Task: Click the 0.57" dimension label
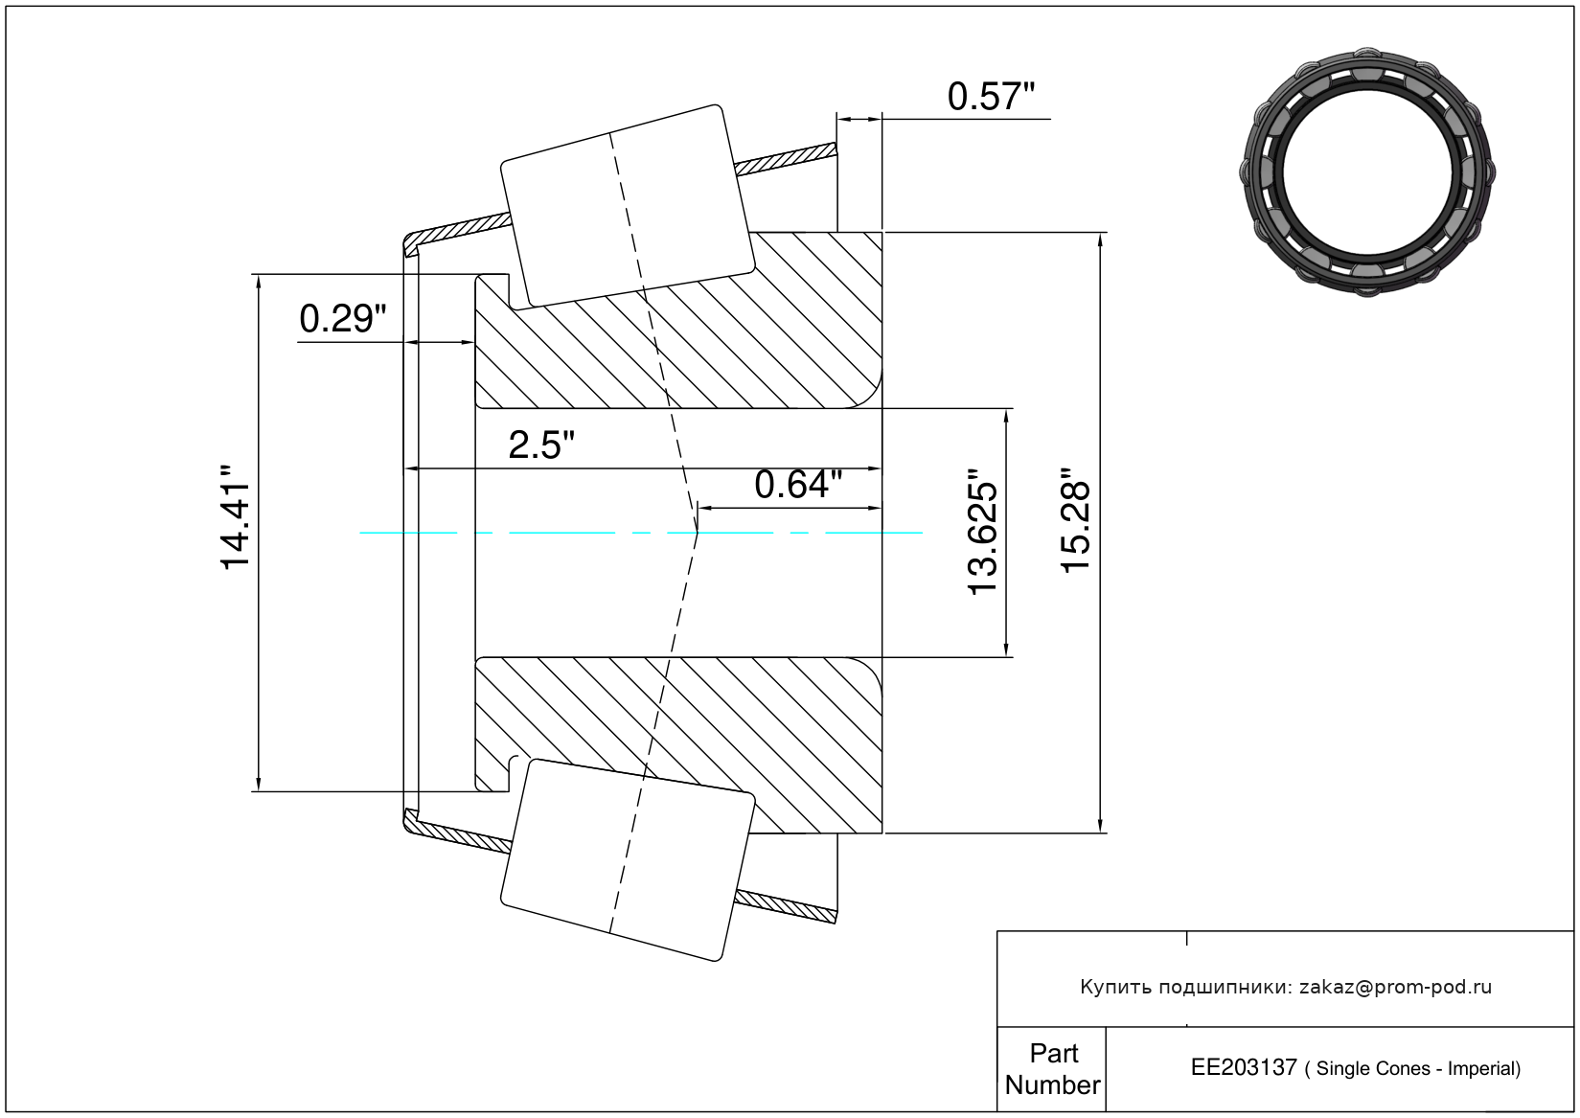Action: [991, 97]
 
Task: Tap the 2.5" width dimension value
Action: [541, 445]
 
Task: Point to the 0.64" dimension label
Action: [798, 485]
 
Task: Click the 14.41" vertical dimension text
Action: [236, 517]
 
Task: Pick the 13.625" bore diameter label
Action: [982, 532]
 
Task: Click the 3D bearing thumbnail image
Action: [1367, 172]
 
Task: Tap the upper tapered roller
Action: [628, 206]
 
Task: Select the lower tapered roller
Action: [628, 860]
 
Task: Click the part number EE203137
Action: [1244, 1068]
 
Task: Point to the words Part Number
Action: [1052, 1069]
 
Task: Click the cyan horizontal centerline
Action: [641, 533]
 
